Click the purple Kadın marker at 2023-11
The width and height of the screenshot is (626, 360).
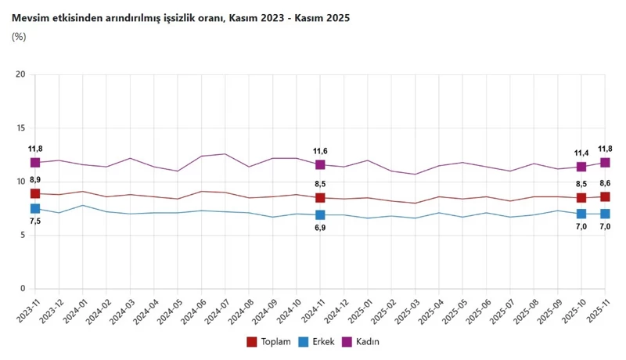[35, 163]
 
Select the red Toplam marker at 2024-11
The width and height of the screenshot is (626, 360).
[320, 198]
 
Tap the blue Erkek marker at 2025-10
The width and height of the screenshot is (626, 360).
[581, 214]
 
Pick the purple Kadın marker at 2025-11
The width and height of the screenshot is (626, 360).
[606, 163]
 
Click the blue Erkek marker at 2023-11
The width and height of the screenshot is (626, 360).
[35, 208]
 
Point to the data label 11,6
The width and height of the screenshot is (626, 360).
[320, 150]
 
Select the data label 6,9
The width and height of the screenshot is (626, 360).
[320, 228]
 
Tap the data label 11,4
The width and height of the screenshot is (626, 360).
[581, 153]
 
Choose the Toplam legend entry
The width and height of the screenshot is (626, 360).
[269, 341]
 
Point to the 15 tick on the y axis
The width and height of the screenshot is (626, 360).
[21, 128]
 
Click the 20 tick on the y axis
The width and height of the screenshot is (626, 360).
[21, 74]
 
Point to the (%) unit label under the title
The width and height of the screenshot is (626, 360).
[20, 36]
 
